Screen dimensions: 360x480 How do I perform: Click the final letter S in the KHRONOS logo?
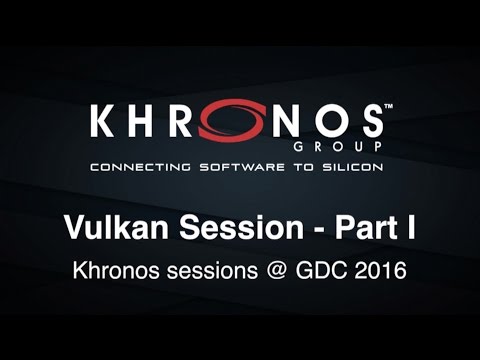pyautogui.click(x=367, y=123)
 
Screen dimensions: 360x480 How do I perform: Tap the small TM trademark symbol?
pyautogui.click(x=389, y=105)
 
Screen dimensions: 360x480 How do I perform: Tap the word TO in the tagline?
pyautogui.click(x=296, y=167)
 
